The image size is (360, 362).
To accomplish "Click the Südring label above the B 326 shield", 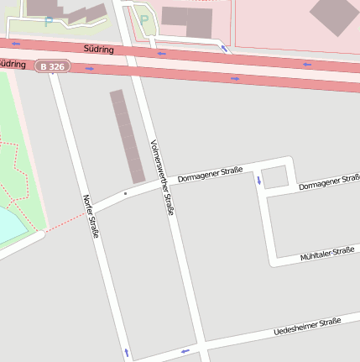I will [x=100, y=50].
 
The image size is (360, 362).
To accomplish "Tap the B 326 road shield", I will [x=53, y=65].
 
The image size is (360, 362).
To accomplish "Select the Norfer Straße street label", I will [x=90, y=216].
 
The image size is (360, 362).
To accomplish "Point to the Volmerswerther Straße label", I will [x=161, y=177].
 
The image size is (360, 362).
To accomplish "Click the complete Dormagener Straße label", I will [x=210, y=174].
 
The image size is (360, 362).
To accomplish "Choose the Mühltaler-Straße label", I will [x=327, y=254].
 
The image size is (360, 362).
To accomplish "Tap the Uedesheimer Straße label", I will [x=307, y=328].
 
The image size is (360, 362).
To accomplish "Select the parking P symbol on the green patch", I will [x=143, y=20].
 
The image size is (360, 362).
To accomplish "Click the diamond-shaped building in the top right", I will [x=334, y=15].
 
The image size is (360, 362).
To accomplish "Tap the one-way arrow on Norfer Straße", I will [x=127, y=352].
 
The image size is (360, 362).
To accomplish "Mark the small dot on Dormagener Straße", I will [x=125, y=194].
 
